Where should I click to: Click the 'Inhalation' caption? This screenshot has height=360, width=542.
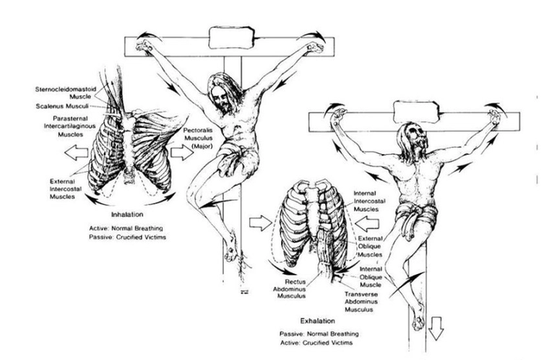(x=127, y=214)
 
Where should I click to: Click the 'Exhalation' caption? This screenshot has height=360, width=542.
(x=317, y=321)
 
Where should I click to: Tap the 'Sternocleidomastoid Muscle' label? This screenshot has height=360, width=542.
(x=66, y=93)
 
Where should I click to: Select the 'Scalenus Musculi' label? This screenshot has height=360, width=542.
(x=62, y=106)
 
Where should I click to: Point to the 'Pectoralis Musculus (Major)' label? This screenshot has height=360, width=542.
(x=198, y=139)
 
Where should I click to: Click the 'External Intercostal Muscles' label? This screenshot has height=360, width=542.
(x=66, y=189)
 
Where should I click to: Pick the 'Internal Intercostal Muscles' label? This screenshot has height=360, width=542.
(x=369, y=201)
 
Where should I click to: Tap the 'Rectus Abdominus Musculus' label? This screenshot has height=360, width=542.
(x=290, y=289)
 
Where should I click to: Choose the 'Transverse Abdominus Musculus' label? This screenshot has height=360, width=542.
(x=362, y=302)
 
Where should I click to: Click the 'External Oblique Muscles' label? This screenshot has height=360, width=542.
(x=370, y=247)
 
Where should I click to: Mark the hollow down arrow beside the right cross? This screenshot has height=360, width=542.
(x=435, y=328)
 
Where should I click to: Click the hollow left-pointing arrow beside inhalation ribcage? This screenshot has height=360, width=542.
(x=76, y=153)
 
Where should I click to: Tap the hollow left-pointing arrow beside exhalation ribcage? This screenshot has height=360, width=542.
(x=367, y=224)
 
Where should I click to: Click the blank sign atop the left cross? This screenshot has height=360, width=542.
(x=232, y=37)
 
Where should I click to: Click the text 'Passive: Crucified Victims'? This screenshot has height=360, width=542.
(x=128, y=238)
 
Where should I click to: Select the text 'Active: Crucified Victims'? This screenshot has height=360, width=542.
(x=316, y=343)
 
